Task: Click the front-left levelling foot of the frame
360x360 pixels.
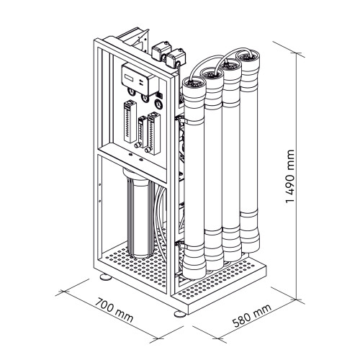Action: tap(103, 276)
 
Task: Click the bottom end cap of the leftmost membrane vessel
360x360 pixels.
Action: tap(195, 266)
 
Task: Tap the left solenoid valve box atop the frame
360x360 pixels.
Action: tap(158, 51)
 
